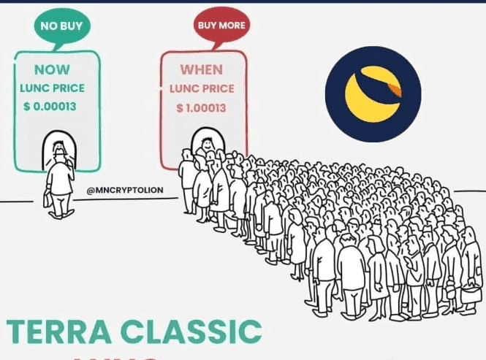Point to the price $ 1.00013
[x=201, y=108]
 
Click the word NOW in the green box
[x=53, y=71]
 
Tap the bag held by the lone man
[x=48, y=199]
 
